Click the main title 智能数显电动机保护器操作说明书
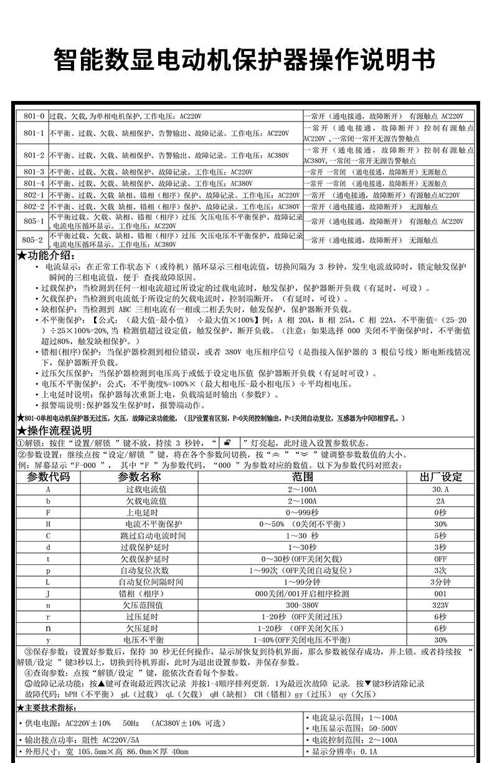point(245,60)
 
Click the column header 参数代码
point(49,477)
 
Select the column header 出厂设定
point(441,477)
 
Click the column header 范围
point(302,477)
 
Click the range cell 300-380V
point(302,605)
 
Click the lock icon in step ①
point(228,443)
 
